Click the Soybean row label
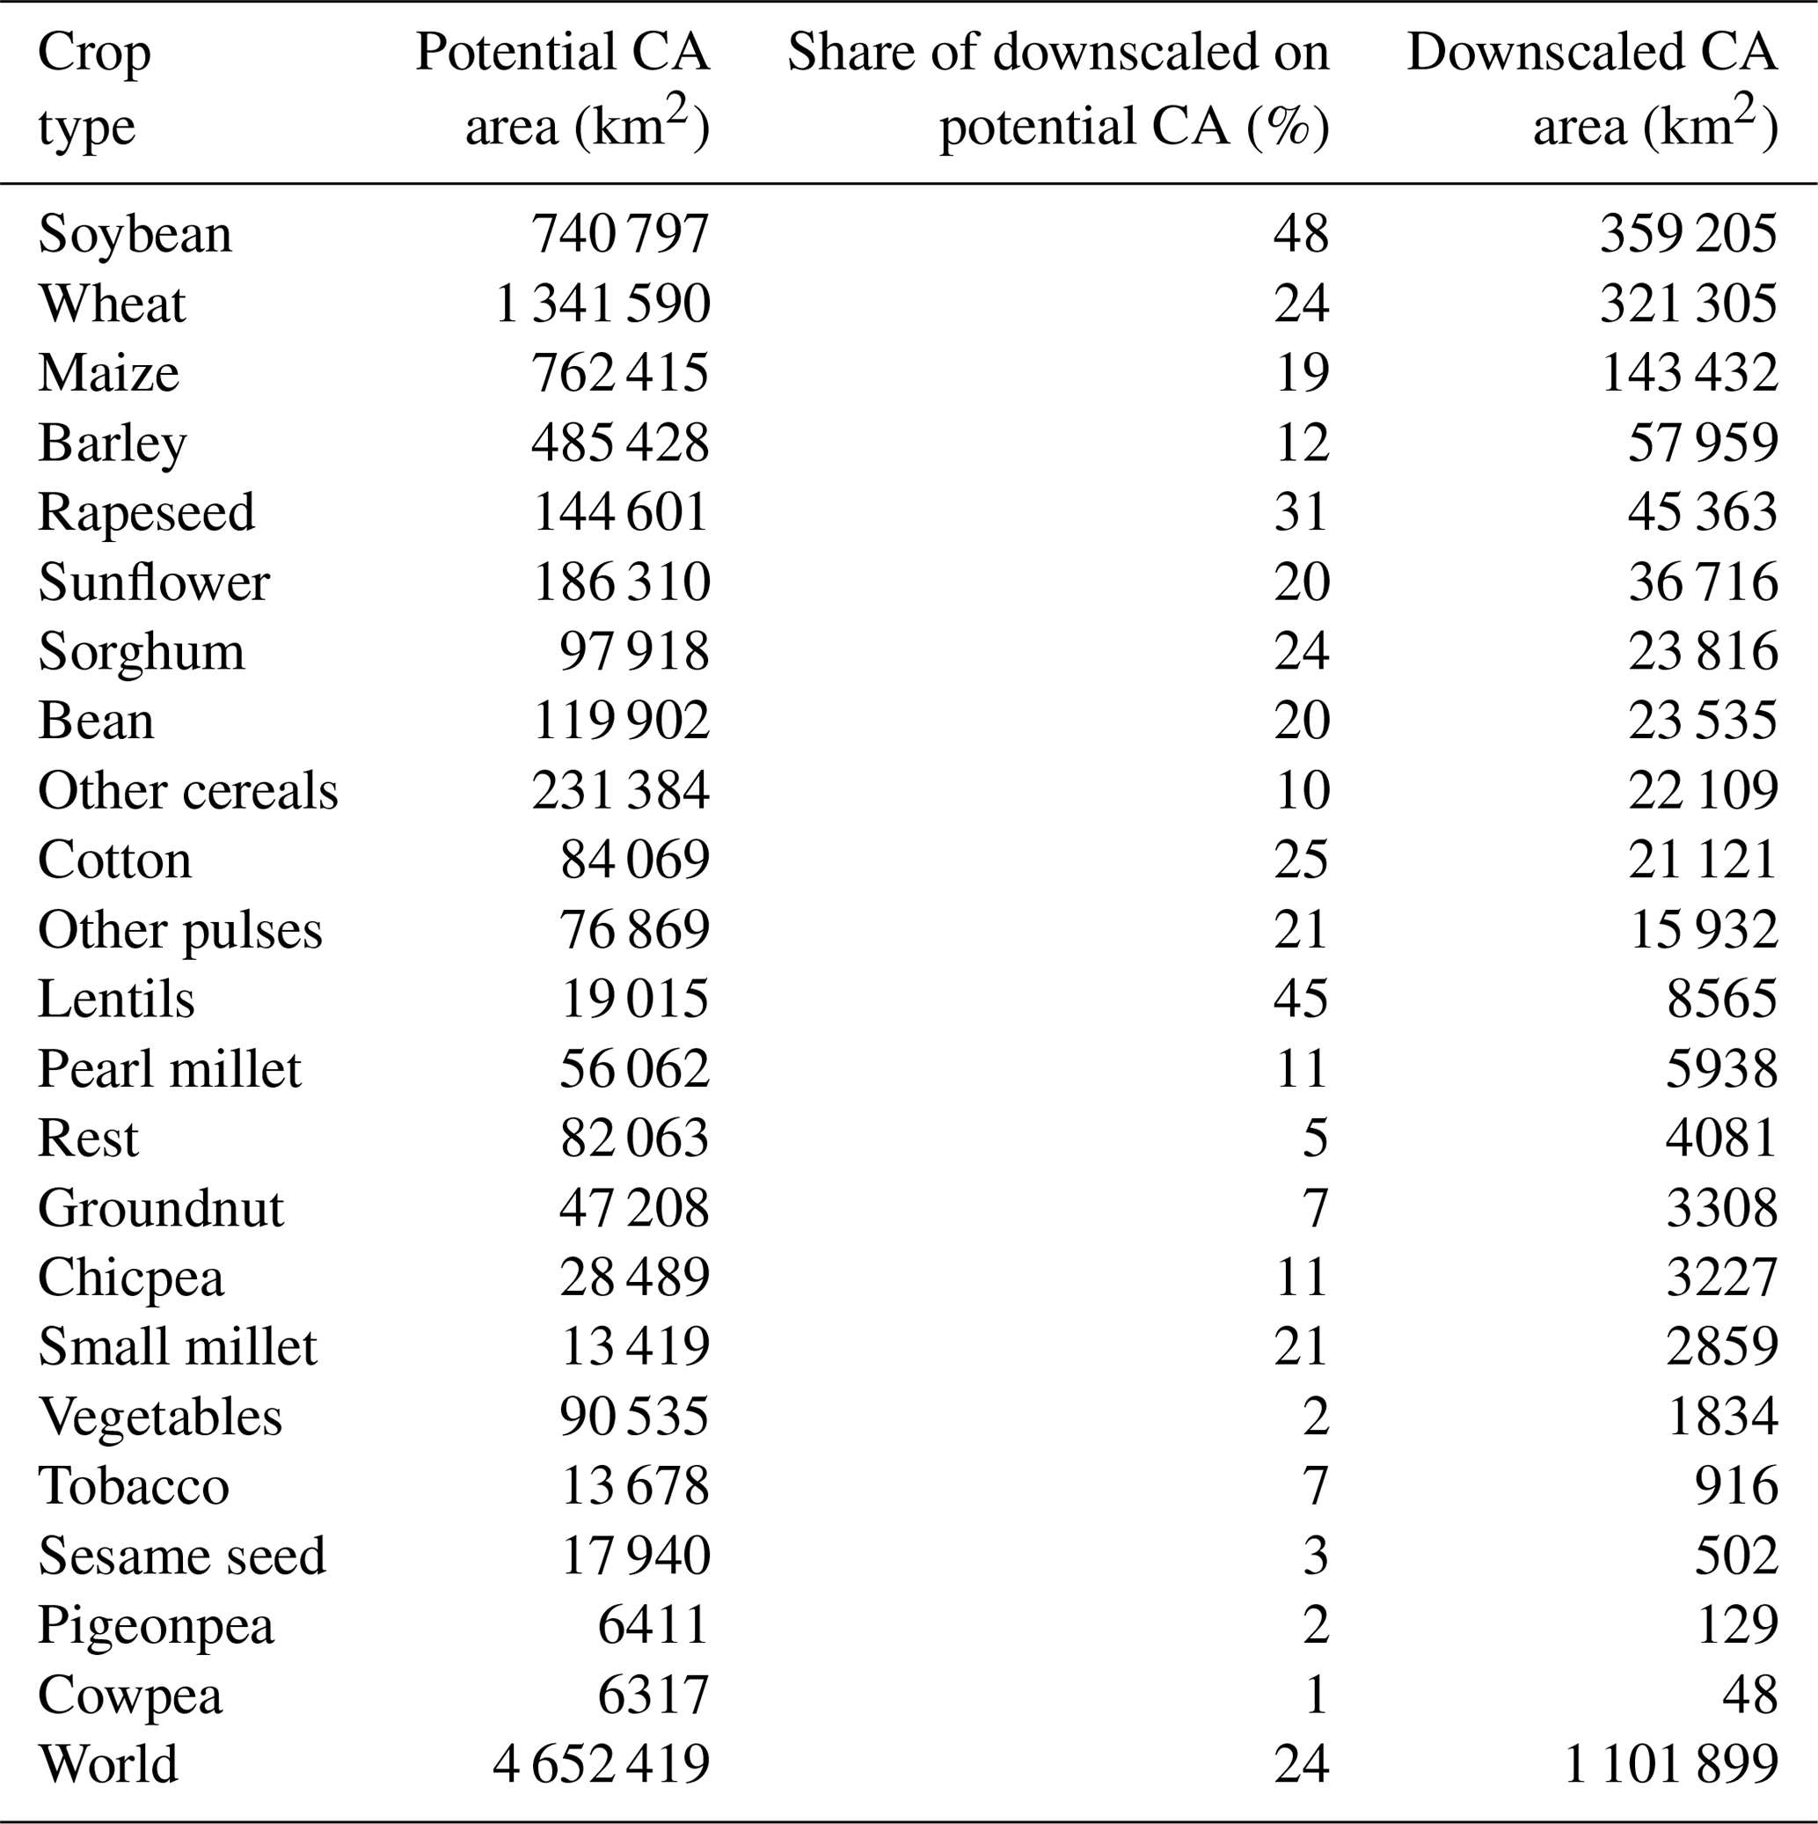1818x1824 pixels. (134, 234)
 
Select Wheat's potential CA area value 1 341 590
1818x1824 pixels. (602, 304)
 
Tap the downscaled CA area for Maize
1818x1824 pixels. (1689, 373)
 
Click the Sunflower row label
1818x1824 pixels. (154, 582)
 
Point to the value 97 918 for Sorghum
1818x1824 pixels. (633, 652)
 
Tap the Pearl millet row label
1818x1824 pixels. (169, 1070)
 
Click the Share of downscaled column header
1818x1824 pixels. (1058, 53)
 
